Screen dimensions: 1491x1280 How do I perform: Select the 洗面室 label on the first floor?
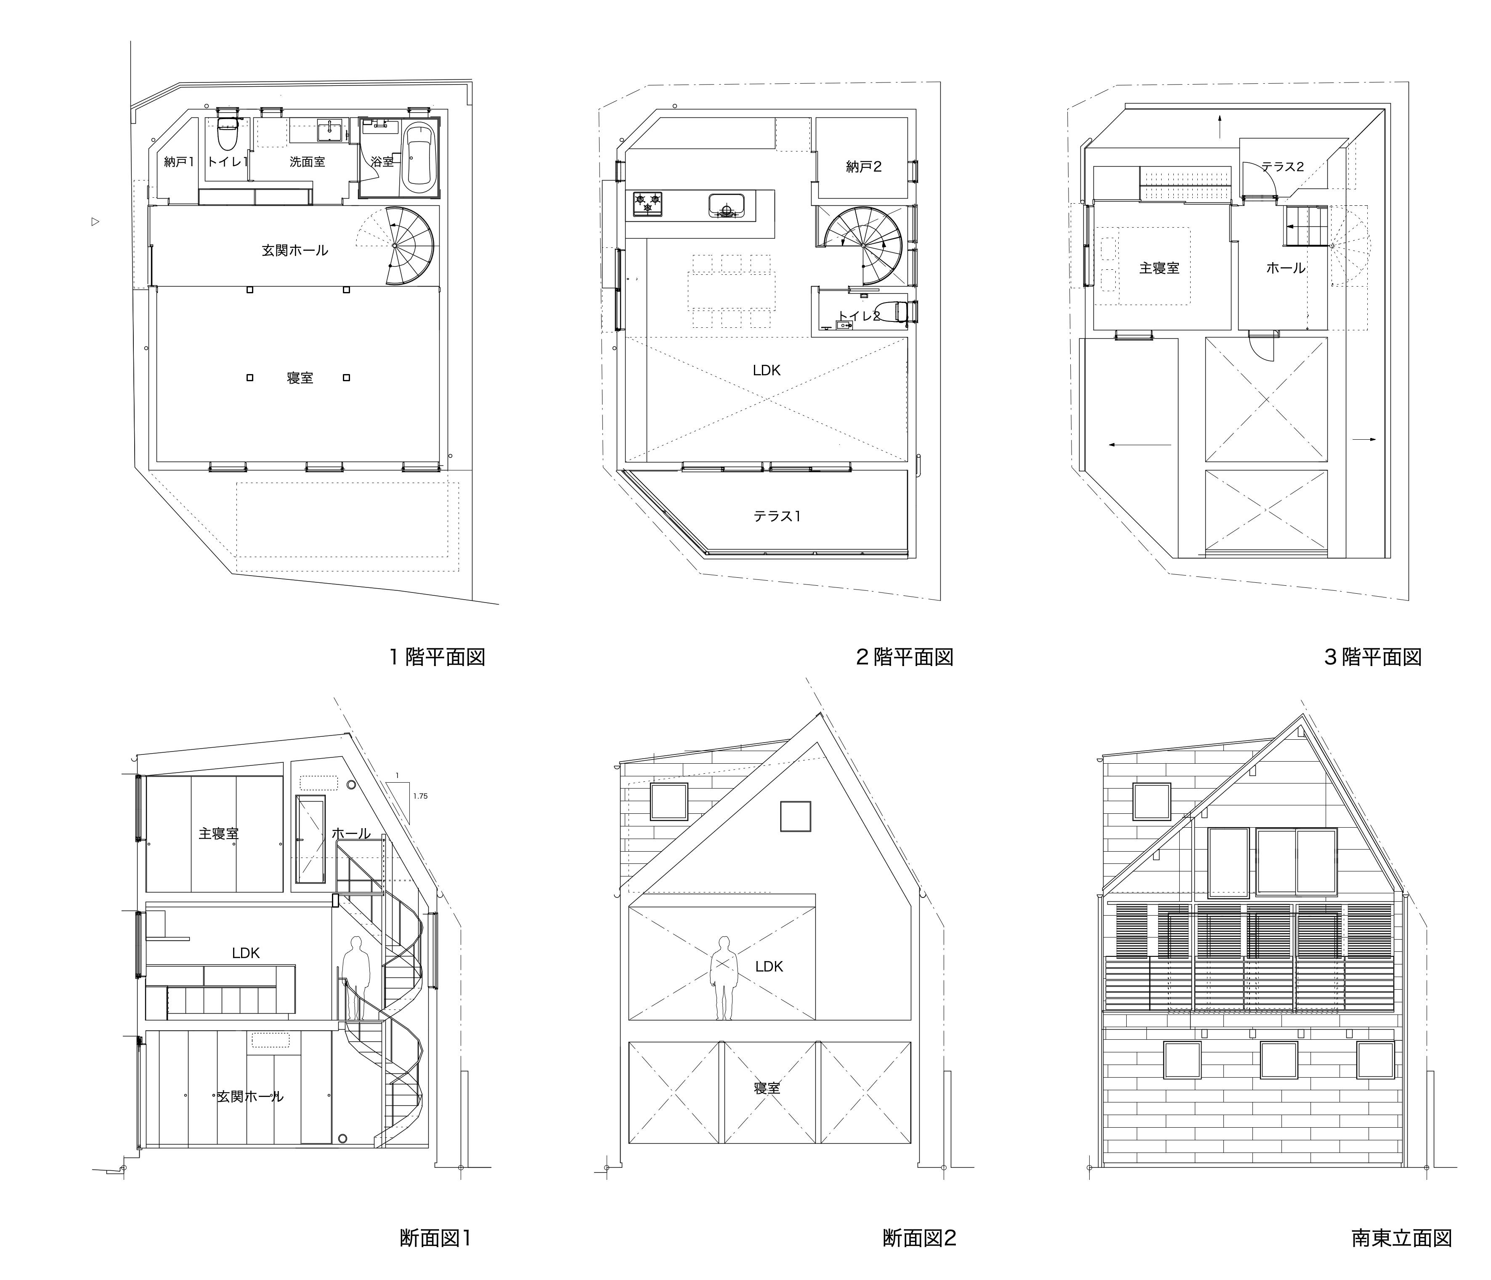coord(307,162)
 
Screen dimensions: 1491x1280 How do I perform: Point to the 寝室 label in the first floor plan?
coord(300,378)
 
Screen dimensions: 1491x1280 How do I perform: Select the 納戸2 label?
coord(864,167)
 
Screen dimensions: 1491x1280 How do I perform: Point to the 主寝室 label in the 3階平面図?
coord(1159,268)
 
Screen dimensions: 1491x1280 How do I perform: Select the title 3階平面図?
coord(1373,657)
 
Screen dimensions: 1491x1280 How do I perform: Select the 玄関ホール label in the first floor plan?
coord(295,250)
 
